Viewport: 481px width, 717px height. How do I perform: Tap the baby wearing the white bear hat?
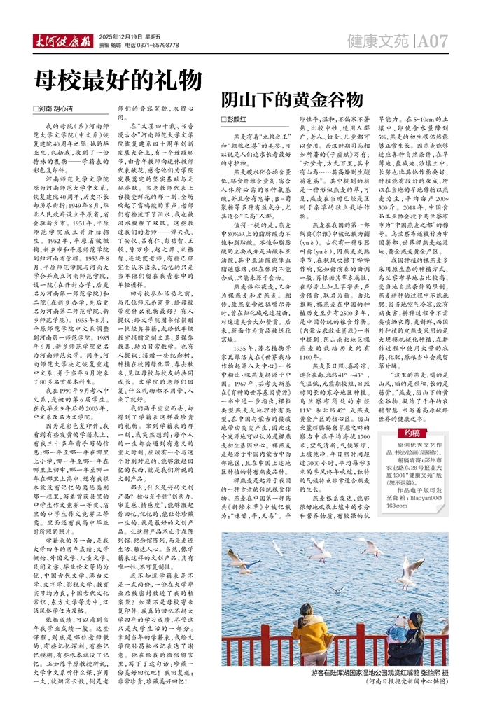pyautogui.click(x=403, y=627)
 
